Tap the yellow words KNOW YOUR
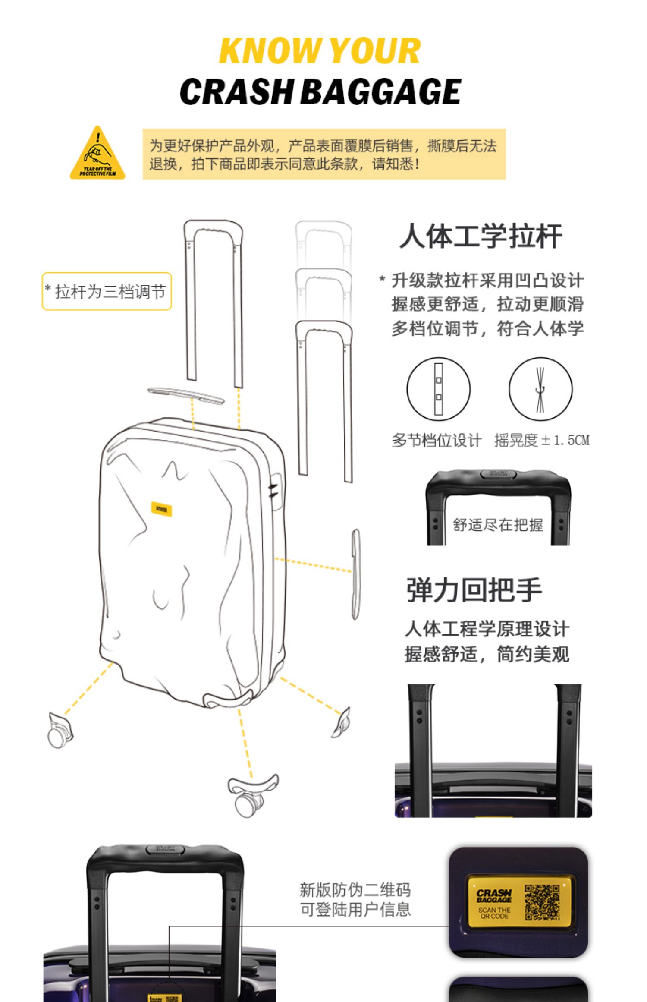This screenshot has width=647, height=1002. click(320, 51)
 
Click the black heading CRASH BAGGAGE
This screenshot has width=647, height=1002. click(320, 91)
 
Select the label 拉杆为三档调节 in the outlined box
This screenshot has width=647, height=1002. click(107, 292)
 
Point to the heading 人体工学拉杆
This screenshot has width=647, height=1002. click(481, 236)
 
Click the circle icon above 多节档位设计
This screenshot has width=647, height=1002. click(438, 389)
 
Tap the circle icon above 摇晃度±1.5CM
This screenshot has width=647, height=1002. click(540, 389)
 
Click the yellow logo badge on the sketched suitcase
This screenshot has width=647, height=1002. click(162, 509)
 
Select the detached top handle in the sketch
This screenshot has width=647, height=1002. click(186, 395)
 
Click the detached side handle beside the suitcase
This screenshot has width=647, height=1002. click(355, 574)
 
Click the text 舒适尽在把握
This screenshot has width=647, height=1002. click(498, 525)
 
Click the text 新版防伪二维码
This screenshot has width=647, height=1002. click(355, 889)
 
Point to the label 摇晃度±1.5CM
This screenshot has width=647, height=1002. click(542, 441)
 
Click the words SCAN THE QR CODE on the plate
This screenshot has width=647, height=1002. click(494, 913)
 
